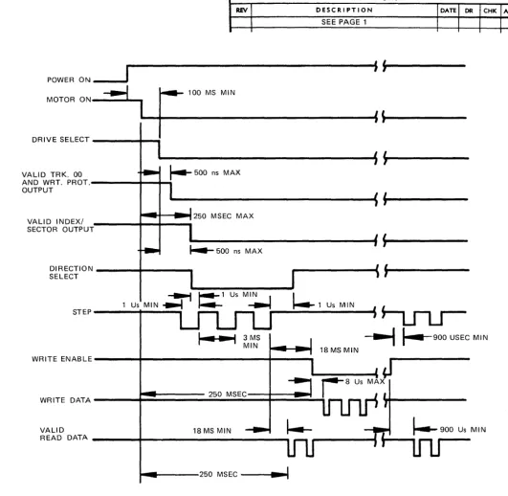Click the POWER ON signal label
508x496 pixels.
click(x=69, y=79)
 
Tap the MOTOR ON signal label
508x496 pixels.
click(x=69, y=100)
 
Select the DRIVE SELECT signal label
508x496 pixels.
click(x=60, y=140)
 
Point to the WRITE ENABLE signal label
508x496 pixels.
click(x=62, y=359)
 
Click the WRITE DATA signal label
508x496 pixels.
click(x=65, y=400)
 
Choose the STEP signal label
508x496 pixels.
click(x=82, y=312)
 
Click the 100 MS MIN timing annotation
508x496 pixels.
click(x=211, y=93)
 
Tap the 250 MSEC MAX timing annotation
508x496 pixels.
click(x=224, y=215)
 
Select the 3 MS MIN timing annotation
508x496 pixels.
click(x=252, y=342)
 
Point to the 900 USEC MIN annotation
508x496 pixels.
click(x=460, y=337)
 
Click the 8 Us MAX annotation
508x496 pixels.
click(x=364, y=381)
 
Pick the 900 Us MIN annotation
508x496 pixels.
click(x=463, y=430)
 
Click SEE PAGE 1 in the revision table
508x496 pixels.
click(x=344, y=22)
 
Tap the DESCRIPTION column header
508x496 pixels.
click(x=344, y=10)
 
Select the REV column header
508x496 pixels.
click(x=242, y=10)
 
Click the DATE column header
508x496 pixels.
click(x=449, y=11)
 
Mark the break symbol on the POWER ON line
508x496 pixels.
click(x=381, y=66)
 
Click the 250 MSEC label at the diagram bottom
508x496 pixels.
click(x=218, y=474)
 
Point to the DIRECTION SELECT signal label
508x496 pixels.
click(x=72, y=272)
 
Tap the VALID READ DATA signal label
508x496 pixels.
click(x=64, y=434)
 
